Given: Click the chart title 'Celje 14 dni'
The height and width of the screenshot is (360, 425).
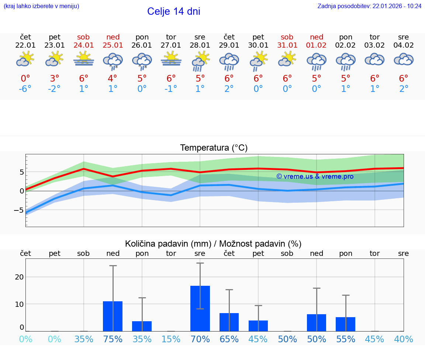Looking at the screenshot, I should pos(173,11).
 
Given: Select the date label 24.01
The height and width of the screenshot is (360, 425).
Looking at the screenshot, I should pos(84,45).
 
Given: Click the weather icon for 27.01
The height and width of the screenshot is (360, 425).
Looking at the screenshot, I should pos(171,59).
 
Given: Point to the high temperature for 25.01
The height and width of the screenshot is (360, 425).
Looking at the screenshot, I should pos(113,79).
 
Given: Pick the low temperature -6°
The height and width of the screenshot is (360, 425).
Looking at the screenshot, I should pos(25,89).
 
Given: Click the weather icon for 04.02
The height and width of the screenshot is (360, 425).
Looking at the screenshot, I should pos(404,59).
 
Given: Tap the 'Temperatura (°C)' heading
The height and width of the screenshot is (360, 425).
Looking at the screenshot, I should pos(214,148).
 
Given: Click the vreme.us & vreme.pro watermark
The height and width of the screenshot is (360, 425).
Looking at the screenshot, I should pos(315,176).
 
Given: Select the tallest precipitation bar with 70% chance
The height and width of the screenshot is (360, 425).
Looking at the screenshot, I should pos(200,308).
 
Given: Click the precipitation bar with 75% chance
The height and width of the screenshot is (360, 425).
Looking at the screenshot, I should pos(113,316).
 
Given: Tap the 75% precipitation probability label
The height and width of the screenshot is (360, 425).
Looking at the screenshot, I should pos(113,339).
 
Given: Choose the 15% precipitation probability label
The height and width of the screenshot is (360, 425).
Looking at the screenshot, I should pos(171,339).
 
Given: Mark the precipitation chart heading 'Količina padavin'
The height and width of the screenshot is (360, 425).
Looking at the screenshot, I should pos(213,244).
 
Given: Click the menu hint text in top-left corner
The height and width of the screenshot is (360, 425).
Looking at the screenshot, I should pos(41,6).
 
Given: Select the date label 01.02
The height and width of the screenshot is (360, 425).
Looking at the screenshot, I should pos(317,45).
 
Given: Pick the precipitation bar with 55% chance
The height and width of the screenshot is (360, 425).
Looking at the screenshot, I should pos(346,324).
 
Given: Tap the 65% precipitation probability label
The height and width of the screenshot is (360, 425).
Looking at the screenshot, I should pos(229,339).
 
